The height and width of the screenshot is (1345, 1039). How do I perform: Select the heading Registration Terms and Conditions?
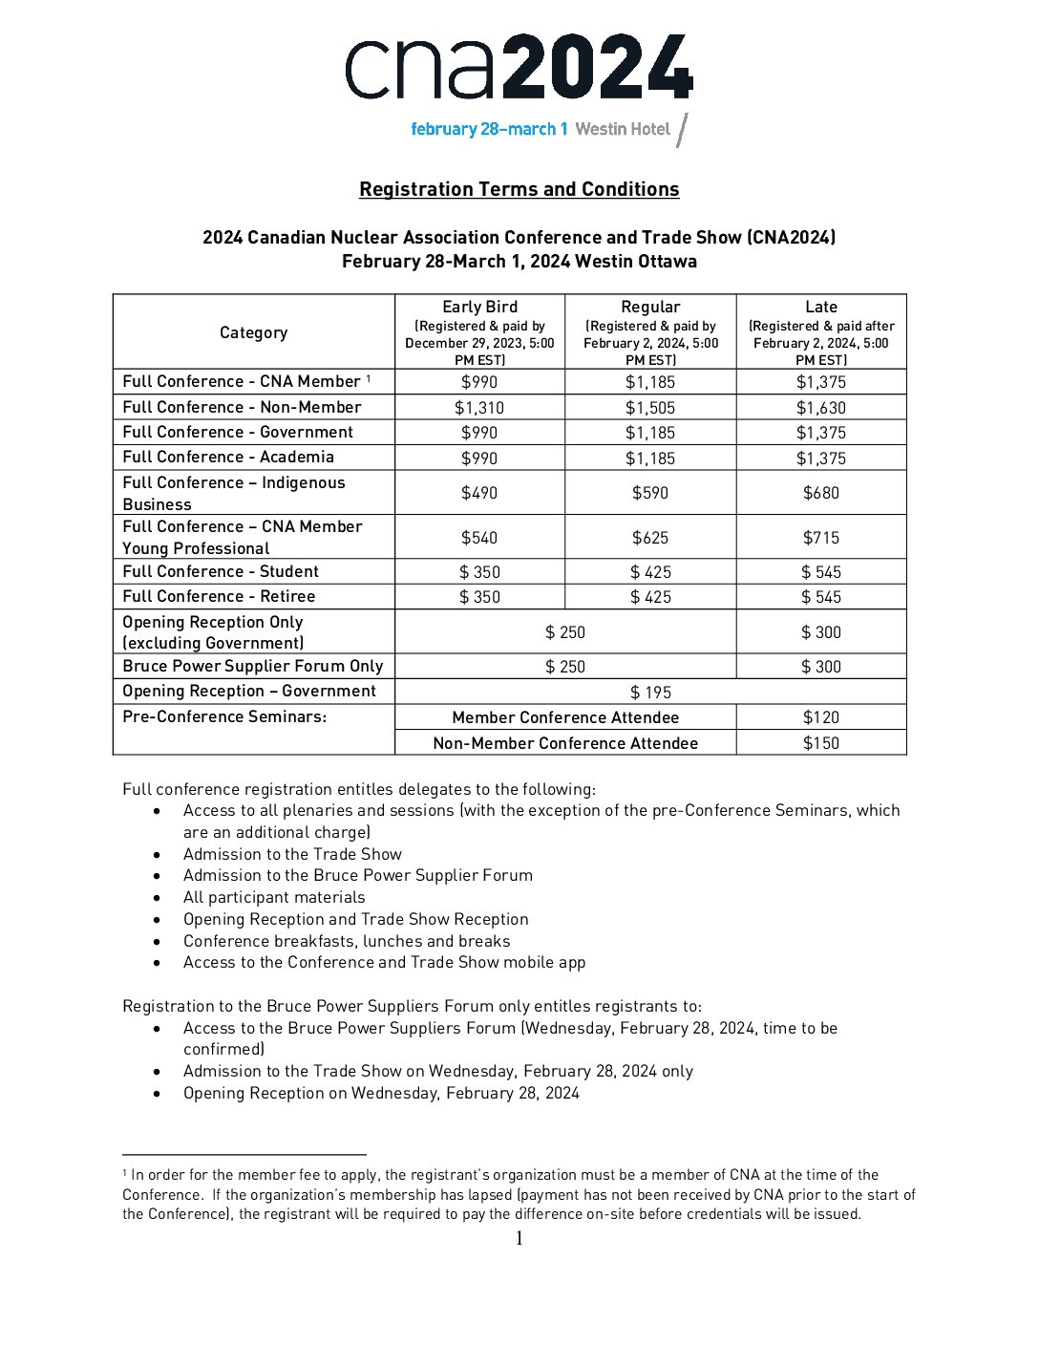[x=519, y=189]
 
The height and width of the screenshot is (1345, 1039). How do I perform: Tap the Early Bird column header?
[x=479, y=307]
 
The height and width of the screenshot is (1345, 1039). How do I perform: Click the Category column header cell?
[x=253, y=332]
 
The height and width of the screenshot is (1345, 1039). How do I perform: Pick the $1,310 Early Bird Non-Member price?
[x=479, y=408]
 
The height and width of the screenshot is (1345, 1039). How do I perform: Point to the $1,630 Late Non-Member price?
[x=821, y=408]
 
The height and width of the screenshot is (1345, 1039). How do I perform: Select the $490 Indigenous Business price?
[x=479, y=493]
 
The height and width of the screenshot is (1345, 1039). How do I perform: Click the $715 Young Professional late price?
[x=821, y=538]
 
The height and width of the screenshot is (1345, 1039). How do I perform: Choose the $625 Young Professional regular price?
[x=650, y=538]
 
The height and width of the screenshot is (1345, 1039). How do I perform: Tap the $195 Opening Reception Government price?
[x=650, y=693]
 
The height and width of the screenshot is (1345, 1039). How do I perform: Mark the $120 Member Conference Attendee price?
[x=821, y=717]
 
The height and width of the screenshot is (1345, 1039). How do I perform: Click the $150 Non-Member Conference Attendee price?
[x=821, y=743]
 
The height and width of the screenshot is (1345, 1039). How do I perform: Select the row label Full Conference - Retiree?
[x=219, y=596]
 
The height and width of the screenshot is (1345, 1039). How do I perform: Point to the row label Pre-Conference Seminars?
[x=224, y=716]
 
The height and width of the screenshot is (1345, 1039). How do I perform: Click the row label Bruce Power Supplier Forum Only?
[x=253, y=666]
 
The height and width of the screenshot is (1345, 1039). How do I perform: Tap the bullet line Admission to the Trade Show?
[x=292, y=854]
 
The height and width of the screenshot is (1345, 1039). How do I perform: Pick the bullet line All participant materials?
[x=274, y=897]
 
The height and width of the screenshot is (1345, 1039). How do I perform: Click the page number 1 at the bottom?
[x=519, y=1239]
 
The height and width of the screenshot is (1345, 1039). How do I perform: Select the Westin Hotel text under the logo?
[x=623, y=129]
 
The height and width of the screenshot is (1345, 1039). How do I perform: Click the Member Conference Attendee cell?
[x=565, y=717]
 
